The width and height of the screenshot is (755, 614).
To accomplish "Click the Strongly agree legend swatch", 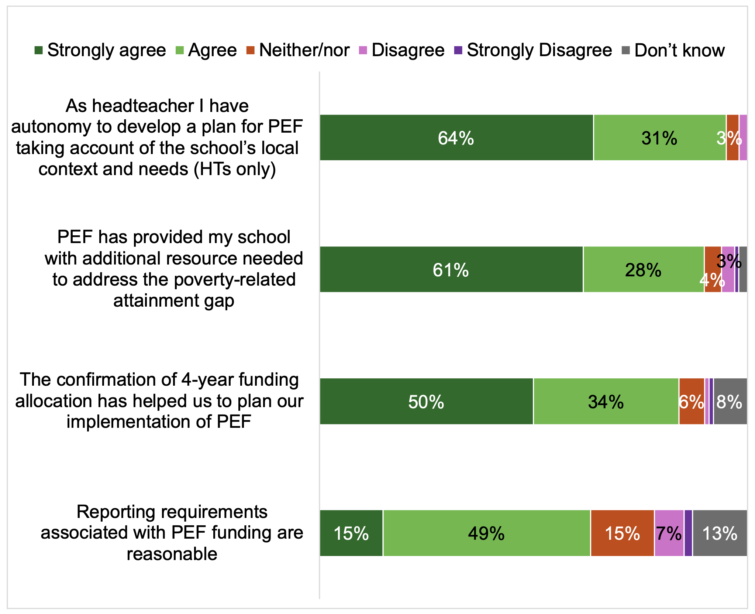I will coord(38,51).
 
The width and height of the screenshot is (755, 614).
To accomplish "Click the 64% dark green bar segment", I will coord(456,138).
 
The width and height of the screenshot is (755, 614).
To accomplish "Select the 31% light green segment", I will coord(659,138).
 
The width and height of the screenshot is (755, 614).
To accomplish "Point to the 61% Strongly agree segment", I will coord(451,269).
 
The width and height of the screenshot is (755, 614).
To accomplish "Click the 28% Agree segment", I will coord(643,269).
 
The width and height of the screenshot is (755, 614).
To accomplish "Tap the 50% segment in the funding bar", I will coord(426,401).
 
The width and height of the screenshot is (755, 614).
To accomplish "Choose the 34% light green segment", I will coord(606,401).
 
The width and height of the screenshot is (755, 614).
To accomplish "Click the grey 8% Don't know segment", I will coord(730,401).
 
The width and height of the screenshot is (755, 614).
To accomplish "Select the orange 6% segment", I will coord(692,401).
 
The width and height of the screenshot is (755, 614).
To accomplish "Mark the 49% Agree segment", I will coord(486,533).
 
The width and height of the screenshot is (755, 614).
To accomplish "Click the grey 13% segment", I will coord(720,533).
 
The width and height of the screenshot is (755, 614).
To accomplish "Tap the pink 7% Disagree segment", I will coord(669,533).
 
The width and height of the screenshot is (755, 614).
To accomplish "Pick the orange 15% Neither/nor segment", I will coord(622,533).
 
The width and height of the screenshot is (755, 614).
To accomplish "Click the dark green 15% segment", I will coord(351,533).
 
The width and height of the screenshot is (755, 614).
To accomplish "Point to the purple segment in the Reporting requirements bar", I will coord(688,533).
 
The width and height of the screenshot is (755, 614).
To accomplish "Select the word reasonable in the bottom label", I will coord(172,554).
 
